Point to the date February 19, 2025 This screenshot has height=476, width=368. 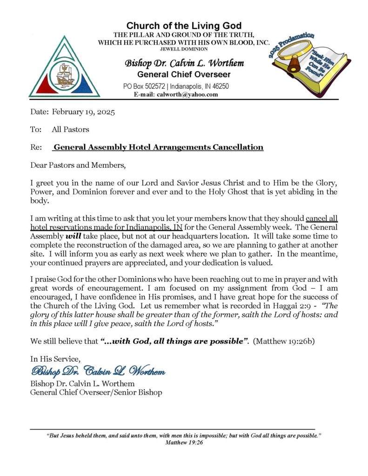click(x=83, y=112)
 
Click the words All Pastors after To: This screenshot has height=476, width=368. click(x=70, y=130)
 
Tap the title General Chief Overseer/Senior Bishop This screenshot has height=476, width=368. click(x=96, y=392)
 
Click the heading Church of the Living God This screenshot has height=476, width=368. click(x=184, y=26)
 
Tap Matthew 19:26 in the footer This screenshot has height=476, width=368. click(x=184, y=443)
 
